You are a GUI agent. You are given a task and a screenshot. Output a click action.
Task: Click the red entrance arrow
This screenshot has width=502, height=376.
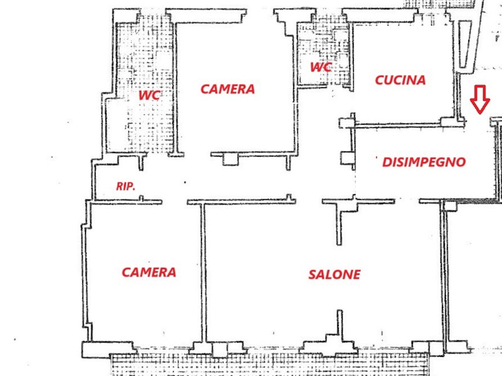[x=479, y=100]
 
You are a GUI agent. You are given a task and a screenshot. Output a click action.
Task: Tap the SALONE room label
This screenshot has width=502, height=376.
[x=334, y=274]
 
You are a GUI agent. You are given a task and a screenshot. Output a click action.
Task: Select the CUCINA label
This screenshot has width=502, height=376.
[x=400, y=80]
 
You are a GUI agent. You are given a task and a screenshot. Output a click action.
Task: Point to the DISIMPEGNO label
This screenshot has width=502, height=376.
[x=424, y=162]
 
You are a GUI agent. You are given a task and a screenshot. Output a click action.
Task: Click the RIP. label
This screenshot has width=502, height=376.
[x=125, y=186]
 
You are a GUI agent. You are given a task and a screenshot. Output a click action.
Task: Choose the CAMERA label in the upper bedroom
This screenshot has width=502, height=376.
[x=228, y=89]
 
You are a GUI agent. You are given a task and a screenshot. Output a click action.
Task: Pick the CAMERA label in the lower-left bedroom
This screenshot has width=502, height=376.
[x=149, y=273]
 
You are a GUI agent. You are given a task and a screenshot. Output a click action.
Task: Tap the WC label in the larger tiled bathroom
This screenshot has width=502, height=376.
[x=149, y=95]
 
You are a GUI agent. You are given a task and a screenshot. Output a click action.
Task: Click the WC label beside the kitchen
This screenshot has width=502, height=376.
[x=321, y=67]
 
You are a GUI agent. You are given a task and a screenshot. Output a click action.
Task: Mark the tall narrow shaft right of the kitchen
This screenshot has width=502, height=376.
[x=463, y=44]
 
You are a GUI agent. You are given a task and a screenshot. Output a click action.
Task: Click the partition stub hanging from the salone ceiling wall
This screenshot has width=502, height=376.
[x=339, y=224]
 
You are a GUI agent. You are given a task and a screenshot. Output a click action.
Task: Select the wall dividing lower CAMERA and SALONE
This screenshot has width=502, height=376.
[x=203, y=273]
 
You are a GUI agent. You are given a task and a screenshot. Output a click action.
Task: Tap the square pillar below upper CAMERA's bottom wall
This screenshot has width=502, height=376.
[x=230, y=159]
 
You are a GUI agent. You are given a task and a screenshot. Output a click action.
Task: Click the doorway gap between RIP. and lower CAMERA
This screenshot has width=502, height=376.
[x=174, y=202]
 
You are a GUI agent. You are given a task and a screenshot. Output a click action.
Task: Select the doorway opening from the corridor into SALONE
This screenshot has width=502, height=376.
[x=309, y=201]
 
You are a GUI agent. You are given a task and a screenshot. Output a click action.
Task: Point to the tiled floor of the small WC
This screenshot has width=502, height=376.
[x=324, y=53]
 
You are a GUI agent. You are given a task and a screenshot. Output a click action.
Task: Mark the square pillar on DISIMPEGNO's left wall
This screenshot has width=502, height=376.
[x=347, y=158]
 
